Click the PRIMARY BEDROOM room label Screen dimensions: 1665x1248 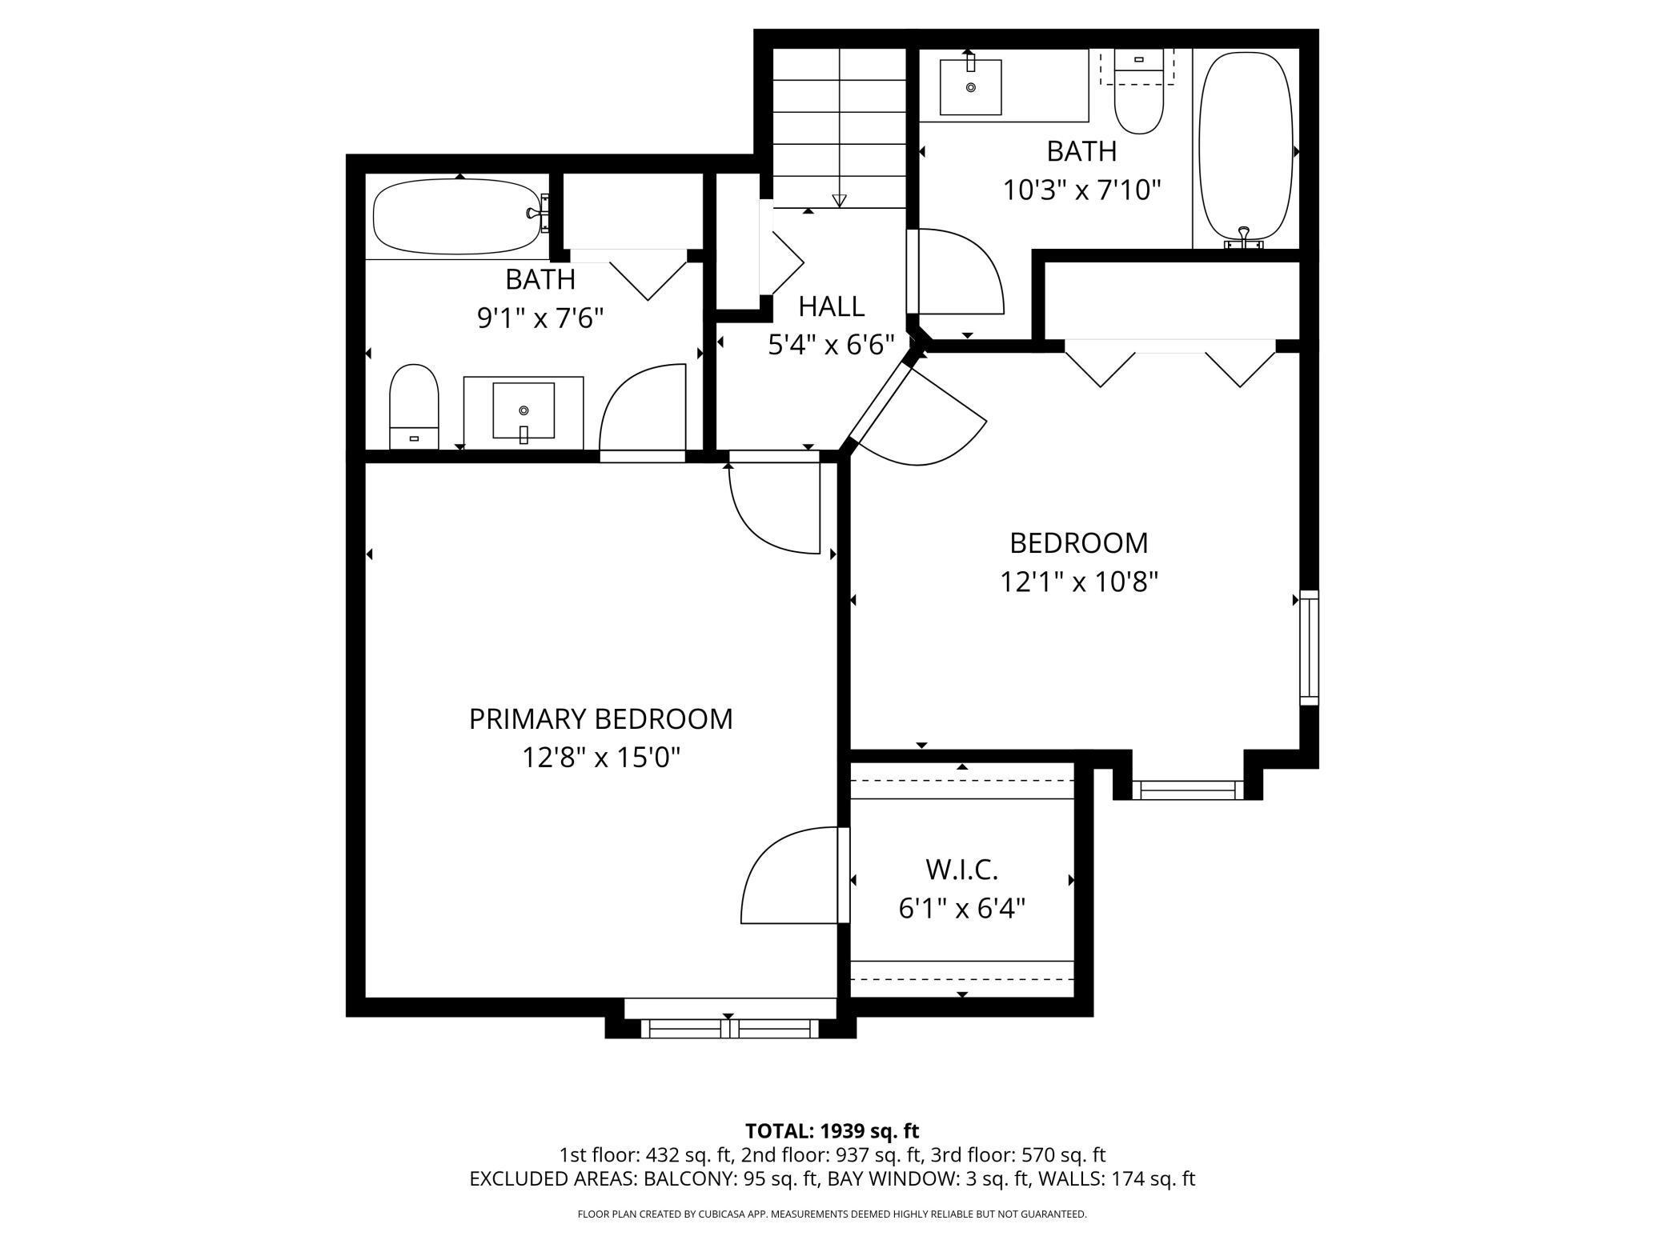click(x=600, y=719)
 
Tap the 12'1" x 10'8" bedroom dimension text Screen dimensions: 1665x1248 click(x=1079, y=582)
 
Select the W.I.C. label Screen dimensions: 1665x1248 click(x=961, y=870)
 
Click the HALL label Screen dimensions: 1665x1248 click(x=831, y=306)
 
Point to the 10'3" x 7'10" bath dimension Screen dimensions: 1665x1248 click(x=1081, y=190)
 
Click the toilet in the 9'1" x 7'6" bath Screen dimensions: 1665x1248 click(x=414, y=406)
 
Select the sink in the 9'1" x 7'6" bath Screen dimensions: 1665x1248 click(x=524, y=411)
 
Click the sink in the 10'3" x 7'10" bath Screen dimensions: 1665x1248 click(x=970, y=86)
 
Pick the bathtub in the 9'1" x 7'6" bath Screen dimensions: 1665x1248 click(x=459, y=216)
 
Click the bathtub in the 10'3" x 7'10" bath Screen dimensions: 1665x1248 click(x=1246, y=147)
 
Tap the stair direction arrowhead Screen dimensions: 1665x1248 click(x=839, y=201)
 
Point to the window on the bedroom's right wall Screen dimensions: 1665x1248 click(x=1309, y=647)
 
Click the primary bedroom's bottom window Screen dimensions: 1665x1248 click(x=729, y=1028)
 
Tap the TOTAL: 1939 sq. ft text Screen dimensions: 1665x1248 click(x=832, y=1131)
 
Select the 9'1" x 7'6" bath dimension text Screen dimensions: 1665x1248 click(x=540, y=318)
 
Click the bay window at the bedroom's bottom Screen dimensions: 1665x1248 click(x=1188, y=790)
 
